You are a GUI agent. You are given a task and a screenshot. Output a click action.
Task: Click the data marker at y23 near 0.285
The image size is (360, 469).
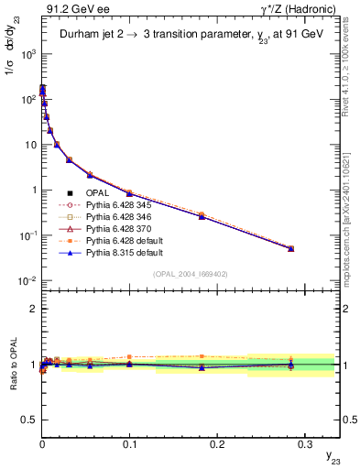[291, 248]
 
